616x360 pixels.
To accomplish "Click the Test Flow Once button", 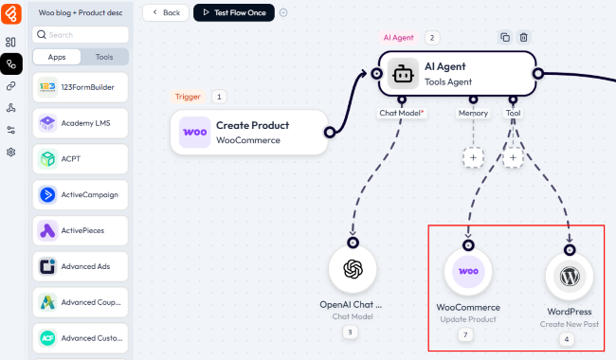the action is [234, 12].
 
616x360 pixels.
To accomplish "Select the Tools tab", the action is [104, 57].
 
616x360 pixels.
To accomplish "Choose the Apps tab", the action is [57, 57].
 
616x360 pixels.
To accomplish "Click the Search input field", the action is [81, 34].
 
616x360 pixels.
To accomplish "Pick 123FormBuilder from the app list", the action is [81, 87].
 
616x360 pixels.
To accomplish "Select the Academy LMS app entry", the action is [81, 123].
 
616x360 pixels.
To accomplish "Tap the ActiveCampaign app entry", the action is [81, 195].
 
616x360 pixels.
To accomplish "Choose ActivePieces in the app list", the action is [81, 230].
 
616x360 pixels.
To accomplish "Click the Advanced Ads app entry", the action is [81, 266].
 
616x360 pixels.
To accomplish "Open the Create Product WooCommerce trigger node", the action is [249, 133].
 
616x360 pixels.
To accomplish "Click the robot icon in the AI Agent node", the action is [403, 74].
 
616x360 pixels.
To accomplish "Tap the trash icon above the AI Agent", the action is [524, 37].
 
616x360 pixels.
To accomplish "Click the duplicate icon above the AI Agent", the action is [505, 37].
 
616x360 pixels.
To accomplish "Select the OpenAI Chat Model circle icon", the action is [353, 269].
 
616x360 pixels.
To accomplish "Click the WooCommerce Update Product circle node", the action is [468, 271].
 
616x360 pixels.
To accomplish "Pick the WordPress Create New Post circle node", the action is [570, 276].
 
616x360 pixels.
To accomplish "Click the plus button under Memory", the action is [474, 157].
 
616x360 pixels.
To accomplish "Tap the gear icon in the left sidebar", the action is [11, 152].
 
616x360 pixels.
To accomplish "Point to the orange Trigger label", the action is [188, 97].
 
